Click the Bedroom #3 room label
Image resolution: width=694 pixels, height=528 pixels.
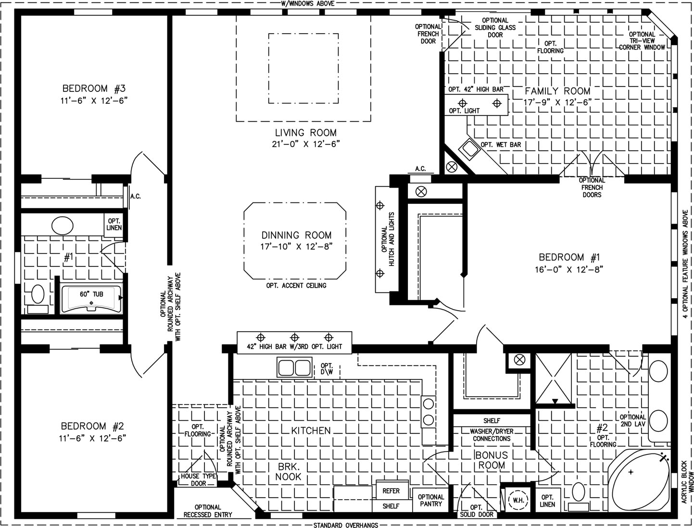(x=94, y=88)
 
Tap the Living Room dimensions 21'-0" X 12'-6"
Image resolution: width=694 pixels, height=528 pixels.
(x=306, y=144)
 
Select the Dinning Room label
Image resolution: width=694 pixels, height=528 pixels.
(x=296, y=235)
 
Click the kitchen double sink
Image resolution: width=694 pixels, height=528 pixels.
(x=294, y=367)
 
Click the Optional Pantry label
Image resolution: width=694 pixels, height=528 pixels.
(x=431, y=500)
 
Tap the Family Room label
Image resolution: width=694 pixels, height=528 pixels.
(x=557, y=91)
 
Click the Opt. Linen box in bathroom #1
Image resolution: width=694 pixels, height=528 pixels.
(x=114, y=225)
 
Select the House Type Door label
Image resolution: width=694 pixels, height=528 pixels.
(x=199, y=479)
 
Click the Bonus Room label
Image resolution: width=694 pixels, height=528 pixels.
(x=492, y=460)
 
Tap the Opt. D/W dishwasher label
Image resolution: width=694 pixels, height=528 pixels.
(x=327, y=369)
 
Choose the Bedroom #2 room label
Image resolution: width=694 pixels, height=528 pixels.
(x=92, y=426)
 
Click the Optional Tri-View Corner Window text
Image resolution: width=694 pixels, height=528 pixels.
(x=642, y=41)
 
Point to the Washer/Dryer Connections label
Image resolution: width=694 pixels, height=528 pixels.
(x=492, y=435)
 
